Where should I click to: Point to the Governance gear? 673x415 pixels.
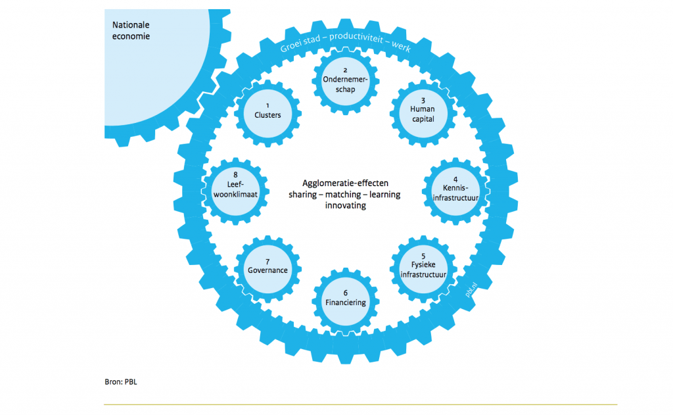click(267, 266)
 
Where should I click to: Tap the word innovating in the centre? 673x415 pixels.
click(345, 205)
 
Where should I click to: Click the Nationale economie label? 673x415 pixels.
click(131, 30)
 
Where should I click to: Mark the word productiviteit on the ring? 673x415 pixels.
click(354, 38)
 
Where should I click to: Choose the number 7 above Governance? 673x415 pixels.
click(267, 260)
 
